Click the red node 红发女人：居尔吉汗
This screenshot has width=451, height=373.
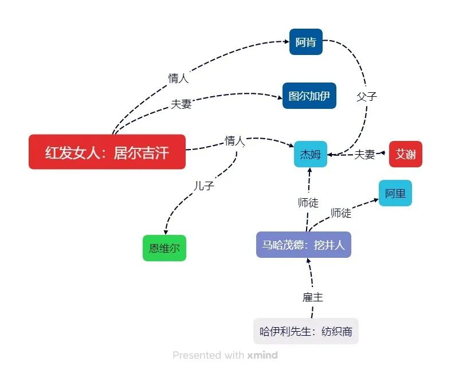107,152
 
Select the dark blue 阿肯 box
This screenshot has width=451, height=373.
306,42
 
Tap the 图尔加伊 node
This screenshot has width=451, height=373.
309,96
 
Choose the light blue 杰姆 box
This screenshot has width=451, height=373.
311,154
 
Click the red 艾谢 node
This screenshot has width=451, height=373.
406,154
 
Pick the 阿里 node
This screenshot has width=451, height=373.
395,194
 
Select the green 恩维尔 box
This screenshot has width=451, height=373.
164,248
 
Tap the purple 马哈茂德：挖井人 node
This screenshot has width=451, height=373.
303,245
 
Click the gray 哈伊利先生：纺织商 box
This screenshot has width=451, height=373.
306,331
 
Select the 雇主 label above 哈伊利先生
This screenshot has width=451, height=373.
313,297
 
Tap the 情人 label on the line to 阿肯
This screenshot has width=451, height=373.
178,78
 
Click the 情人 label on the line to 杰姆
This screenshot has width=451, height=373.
234,140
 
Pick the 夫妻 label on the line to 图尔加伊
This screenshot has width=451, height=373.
181,104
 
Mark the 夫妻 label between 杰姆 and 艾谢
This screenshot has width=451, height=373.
364,154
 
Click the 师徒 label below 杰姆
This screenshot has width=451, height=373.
308,202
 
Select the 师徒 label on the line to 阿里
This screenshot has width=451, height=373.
341,213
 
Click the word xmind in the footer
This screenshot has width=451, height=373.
262,355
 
